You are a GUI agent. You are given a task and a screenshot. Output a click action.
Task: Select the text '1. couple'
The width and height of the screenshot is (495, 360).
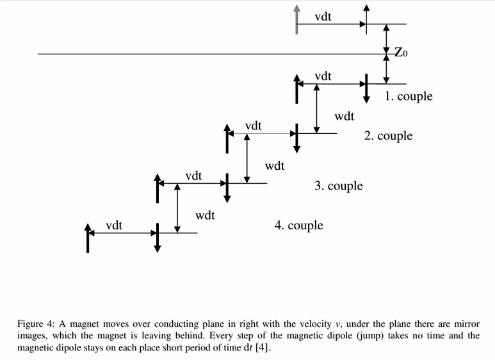(x=409, y=97)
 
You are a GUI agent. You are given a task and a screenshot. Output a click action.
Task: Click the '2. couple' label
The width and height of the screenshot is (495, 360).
(x=388, y=136)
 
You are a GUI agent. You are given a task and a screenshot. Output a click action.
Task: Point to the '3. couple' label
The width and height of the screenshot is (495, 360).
(x=338, y=186)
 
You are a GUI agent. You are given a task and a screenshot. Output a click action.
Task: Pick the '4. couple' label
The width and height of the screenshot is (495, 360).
(x=298, y=225)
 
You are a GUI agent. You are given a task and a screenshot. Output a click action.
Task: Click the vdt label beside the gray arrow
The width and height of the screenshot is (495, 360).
(x=323, y=17)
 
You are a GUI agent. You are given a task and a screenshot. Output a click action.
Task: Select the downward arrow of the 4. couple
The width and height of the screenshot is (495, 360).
(x=157, y=238)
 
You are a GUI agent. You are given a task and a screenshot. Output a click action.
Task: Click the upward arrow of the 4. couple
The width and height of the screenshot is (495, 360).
(x=88, y=238)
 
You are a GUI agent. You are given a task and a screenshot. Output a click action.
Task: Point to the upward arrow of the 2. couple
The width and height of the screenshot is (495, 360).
(x=227, y=138)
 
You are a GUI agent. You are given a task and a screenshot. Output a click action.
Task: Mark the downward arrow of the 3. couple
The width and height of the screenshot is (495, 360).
(x=227, y=188)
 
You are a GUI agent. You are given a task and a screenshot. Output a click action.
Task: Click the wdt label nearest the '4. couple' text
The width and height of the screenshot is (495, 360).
(x=205, y=215)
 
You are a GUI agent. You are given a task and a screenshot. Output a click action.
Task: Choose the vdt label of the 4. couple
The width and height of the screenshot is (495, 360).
(x=115, y=225)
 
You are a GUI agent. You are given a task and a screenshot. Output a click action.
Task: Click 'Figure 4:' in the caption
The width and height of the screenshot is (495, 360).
(x=36, y=324)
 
